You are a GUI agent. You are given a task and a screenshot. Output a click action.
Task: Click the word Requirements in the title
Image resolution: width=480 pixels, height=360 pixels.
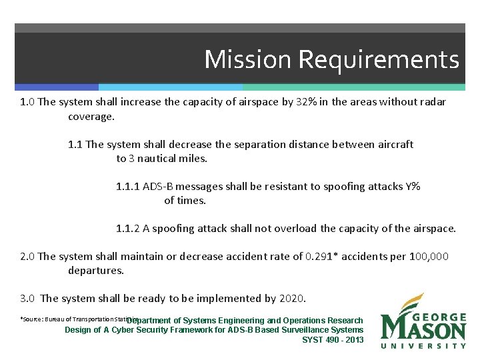(378, 60)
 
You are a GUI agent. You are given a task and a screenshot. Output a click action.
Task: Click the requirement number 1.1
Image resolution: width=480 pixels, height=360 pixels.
(75, 144)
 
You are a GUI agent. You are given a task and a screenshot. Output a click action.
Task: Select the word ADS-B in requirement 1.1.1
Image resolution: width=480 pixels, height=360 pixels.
(160, 187)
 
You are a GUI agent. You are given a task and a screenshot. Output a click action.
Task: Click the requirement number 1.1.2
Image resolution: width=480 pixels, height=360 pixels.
(128, 229)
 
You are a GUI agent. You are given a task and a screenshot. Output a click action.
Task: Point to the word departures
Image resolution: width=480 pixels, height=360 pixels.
(96, 271)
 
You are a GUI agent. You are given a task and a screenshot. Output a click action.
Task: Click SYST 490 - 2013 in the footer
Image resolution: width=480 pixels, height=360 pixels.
(333, 340)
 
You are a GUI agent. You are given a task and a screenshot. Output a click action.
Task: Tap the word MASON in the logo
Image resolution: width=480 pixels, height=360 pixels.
(423, 329)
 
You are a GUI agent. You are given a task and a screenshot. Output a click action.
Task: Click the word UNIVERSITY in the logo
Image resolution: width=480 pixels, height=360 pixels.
(423, 345)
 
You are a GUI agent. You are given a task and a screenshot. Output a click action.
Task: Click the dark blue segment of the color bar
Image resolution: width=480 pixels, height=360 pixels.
(56, 87)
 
